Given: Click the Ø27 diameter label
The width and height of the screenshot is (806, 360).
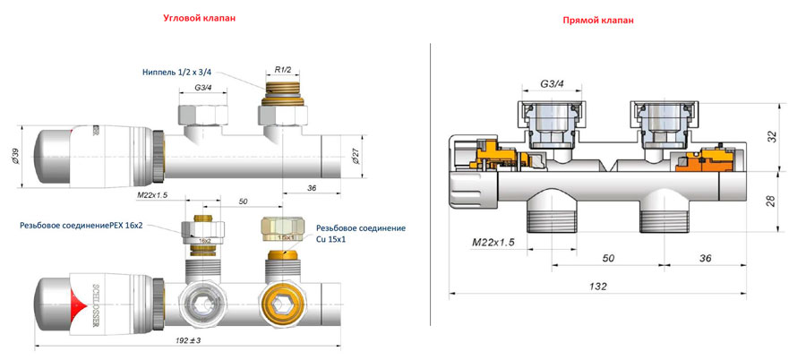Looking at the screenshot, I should [x=356, y=156].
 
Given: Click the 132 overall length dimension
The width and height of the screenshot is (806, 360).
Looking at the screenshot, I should [x=599, y=287].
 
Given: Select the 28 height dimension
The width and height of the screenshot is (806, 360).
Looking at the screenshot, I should [x=773, y=201].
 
